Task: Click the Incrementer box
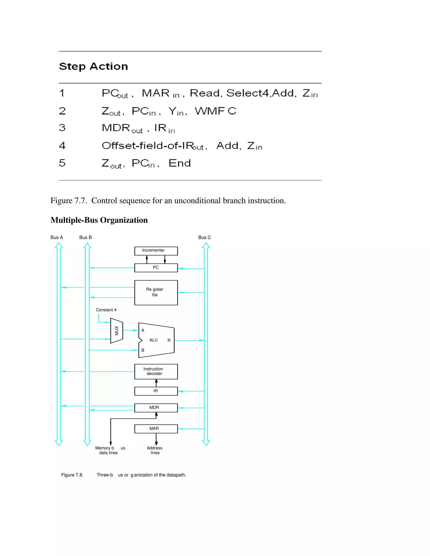pos(156,251)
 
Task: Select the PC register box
pos(156,268)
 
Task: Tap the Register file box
pos(156,292)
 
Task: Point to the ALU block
pos(156,340)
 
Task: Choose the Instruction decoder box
pos(156,371)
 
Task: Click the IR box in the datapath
pos(156,391)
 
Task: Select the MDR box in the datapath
pos(156,408)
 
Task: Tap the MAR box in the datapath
pos(156,429)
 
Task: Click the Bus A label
pos(56,238)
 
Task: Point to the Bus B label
pos(85,238)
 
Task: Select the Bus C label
pos(205,238)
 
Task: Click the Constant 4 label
pos(106,310)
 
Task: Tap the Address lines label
pos(155,450)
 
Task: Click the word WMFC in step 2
pos(215,111)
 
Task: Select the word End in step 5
pos(180,163)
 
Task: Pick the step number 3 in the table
pos(62,128)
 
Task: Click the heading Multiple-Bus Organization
pos(99,220)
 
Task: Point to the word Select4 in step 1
pos(248,93)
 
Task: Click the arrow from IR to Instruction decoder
pos(156,383)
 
